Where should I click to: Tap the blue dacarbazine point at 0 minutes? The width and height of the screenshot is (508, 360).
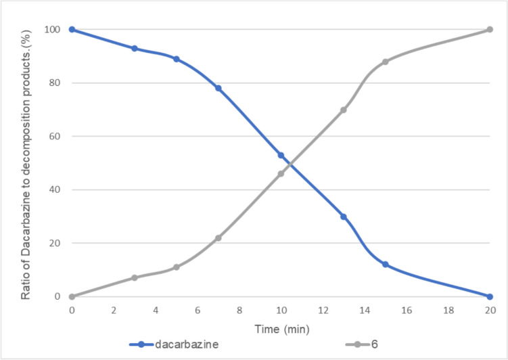[x=72, y=29]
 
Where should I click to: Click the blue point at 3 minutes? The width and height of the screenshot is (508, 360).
[x=135, y=48]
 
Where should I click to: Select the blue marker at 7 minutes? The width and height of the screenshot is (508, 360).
[x=218, y=88]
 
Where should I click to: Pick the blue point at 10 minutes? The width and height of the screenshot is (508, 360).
[x=281, y=155]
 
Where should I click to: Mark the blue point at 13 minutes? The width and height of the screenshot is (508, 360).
[x=344, y=217]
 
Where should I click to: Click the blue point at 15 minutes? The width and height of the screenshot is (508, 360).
[x=386, y=265]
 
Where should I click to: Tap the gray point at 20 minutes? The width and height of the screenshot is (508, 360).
[x=490, y=29]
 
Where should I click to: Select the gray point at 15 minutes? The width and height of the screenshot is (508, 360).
[x=386, y=62]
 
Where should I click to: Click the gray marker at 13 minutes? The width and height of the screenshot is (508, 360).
[x=344, y=110]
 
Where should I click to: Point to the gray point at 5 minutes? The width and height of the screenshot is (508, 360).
[x=177, y=267]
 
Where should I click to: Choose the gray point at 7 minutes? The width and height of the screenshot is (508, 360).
[x=218, y=238]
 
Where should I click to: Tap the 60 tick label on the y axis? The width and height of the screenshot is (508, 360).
[x=57, y=136]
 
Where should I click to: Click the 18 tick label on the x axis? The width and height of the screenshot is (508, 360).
[x=448, y=309]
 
